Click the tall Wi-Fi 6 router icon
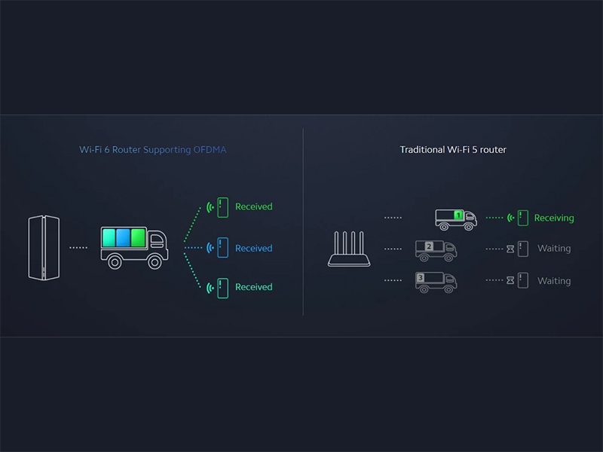click(44, 248)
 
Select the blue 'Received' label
click(253, 249)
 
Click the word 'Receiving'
click(554, 218)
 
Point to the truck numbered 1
click(456, 218)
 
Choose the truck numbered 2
click(436, 249)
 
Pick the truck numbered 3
click(436, 281)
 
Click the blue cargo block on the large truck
click(124, 239)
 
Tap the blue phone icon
click(222, 248)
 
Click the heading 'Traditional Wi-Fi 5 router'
click(453, 150)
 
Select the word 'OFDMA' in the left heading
click(210, 150)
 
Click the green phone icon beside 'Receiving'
click(522, 218)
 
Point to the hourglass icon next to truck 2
click(510, 249)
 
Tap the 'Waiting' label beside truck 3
click(554, 281)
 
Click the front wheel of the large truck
click(155, 261)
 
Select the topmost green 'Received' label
click(253, 206)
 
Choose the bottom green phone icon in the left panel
click(222, 287)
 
